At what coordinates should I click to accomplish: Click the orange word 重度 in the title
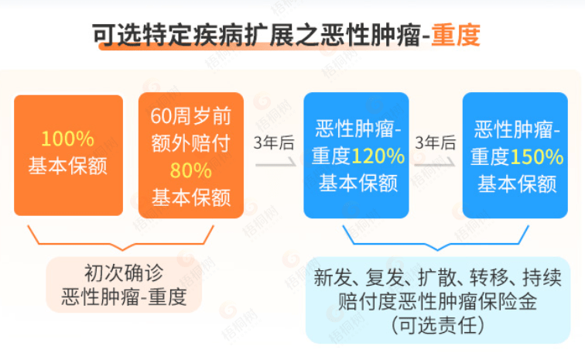[x=456, y=35]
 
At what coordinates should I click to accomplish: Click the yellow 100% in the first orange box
[x=67, y=139]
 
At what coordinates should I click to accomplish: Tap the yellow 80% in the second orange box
[x=190, y=170]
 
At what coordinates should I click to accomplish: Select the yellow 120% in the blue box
[x=378, y=156]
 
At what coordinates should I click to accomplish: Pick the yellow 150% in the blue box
[x=537, y=157]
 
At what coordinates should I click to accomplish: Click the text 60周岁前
[x=190, y=116]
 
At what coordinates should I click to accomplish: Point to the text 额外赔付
[x=190, y=143]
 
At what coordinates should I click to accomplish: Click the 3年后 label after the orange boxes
[x=274, y=142]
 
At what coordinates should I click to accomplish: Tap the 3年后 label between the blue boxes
[x=436, y=142]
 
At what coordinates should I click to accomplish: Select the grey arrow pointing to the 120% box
[x=275, y=163]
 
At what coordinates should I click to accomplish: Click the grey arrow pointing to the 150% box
[x=435, y=163]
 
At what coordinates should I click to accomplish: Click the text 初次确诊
[x=124, y=273]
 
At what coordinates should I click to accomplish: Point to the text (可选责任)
[x=438, y=325]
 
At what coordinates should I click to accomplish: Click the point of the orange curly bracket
[x=123, y=249]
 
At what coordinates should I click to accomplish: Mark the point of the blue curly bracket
[x=437, y=249]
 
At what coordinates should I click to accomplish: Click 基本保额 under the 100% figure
[x=68, y=166]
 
